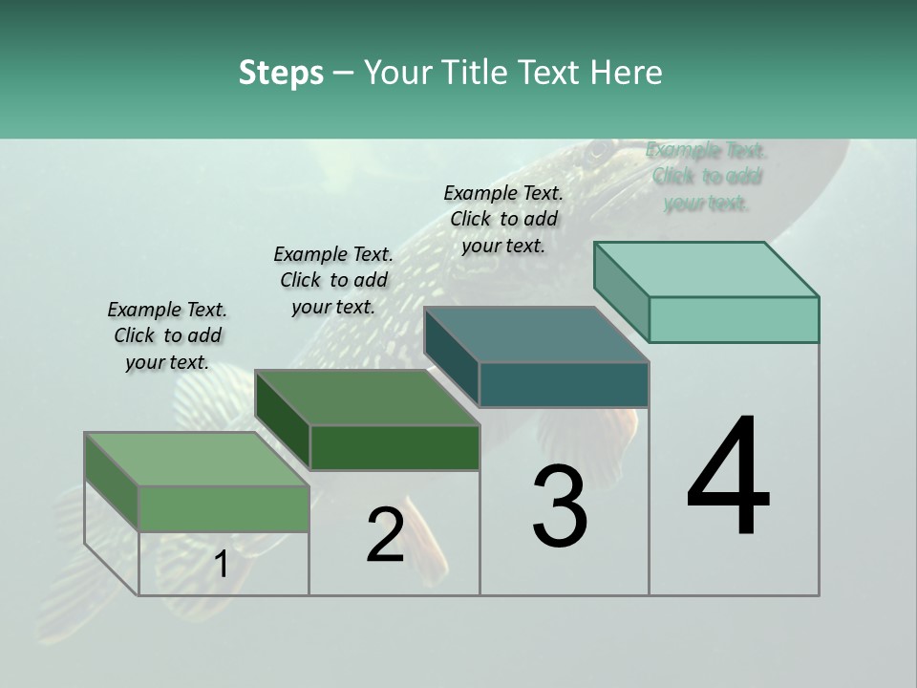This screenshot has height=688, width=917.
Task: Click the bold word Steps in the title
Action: pos(281,73)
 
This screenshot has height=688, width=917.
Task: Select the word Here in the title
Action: pos(628,73)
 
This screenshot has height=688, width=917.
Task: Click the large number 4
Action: pos(728,478)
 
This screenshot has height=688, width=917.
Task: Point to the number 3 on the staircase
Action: pos(560,506)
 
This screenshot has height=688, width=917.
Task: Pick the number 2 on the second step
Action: pos(385,535)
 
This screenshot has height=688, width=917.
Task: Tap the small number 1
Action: pos(222,565)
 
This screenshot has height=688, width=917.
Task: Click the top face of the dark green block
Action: pos(368,398)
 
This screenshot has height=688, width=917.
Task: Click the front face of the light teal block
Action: pos(734,319)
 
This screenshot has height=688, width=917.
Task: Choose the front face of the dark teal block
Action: pos(564,384)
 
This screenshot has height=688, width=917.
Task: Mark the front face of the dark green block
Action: pos(395,447)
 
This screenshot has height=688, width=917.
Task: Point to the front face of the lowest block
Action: pos(224,508)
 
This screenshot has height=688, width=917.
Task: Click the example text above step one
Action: pos(167,335)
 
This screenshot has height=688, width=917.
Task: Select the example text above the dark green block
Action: pos(333,280)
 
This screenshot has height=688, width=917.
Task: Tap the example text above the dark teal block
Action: pos(503,219)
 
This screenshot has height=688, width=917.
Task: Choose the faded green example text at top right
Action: pos(707,177)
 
